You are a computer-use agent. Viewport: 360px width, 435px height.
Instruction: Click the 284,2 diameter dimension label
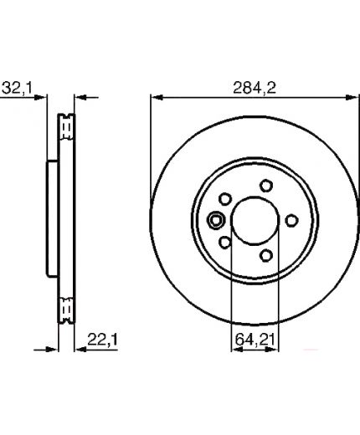255,88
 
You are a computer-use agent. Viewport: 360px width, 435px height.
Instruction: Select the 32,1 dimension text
18,88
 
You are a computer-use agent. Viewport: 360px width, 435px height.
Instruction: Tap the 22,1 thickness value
103,340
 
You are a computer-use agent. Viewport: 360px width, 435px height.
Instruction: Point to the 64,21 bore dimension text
255,340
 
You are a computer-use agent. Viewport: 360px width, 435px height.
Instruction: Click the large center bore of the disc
255,221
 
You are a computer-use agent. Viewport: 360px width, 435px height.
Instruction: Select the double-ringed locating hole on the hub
216,221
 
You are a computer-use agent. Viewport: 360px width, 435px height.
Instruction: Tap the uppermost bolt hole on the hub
266,186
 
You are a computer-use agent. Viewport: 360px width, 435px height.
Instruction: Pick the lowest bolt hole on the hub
266,255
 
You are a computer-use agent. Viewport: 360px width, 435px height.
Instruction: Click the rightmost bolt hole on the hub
291,221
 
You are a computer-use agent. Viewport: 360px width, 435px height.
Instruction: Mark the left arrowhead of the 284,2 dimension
157,98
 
